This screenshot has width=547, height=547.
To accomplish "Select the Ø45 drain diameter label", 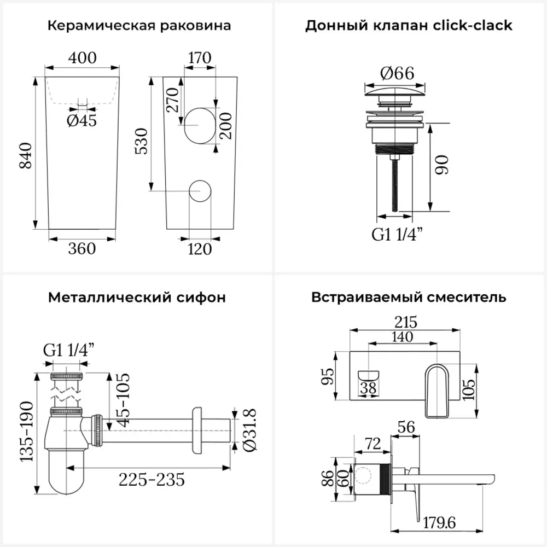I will (x=82, y=120).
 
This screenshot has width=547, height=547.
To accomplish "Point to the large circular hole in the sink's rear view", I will (x=199, y=125).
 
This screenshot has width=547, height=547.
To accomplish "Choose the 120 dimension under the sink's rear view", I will (x=200, y=249).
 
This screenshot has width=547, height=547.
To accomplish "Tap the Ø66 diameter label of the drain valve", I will (x=397, y=73).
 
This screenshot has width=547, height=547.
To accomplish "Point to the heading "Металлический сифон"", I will (x=137, y=298).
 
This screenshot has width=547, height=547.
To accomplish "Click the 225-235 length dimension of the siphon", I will (x=152, y=480).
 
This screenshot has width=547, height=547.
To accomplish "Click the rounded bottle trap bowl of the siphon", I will (x=66, y=470).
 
